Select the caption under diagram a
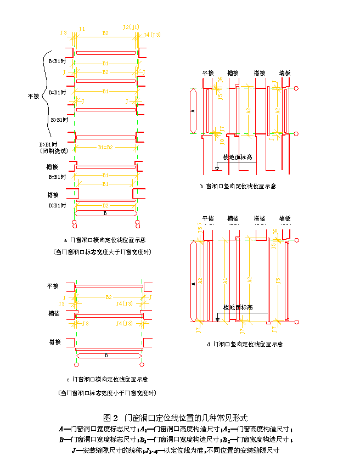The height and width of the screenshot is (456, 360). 105,240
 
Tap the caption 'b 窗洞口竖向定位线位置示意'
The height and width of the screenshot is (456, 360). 238,186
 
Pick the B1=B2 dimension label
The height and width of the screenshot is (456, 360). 105,147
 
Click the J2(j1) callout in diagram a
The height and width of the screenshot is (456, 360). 131,27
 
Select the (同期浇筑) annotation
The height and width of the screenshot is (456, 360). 54,150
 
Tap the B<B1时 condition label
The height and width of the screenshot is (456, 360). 57,60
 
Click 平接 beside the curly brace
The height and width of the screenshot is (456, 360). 33,96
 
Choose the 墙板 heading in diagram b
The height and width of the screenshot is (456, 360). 285,72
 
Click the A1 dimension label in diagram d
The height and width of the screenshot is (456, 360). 225,280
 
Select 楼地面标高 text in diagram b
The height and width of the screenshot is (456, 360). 237,157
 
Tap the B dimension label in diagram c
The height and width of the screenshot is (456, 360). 105,355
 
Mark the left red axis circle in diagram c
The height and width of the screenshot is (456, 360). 76,364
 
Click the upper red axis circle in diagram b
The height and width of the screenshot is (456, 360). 296,88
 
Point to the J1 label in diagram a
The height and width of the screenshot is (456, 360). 82,28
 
